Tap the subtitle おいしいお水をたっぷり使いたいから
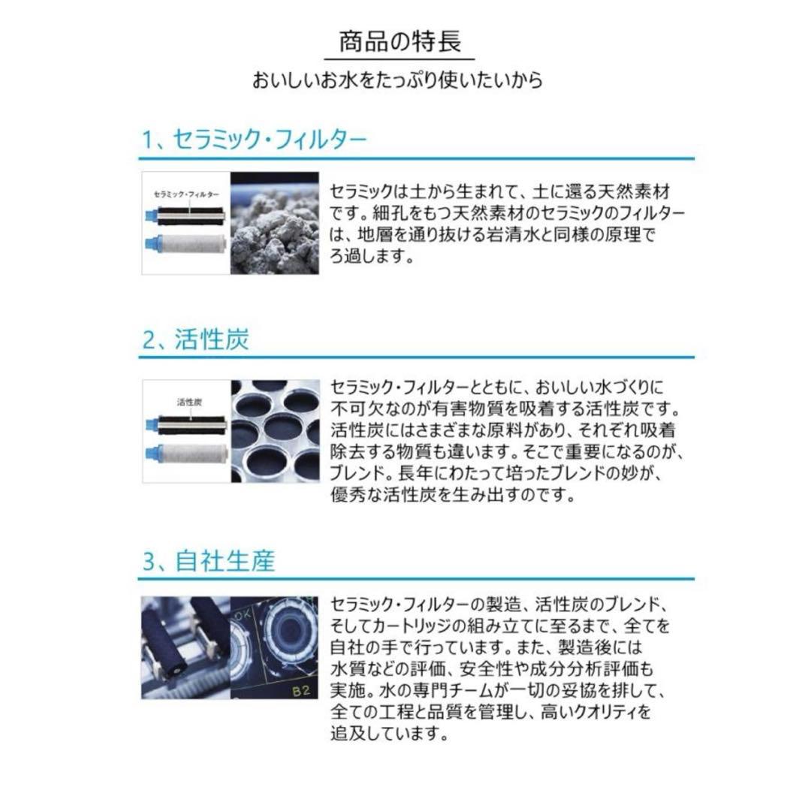tap(398, 80)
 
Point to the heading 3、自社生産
tap(209, 560)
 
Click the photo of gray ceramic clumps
tap(275, 224)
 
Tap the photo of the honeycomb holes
tap(275, 430)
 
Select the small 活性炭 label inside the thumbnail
tap(188, 402)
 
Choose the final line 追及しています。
tap(390, 734)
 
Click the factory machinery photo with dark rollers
tap(185, 647)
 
